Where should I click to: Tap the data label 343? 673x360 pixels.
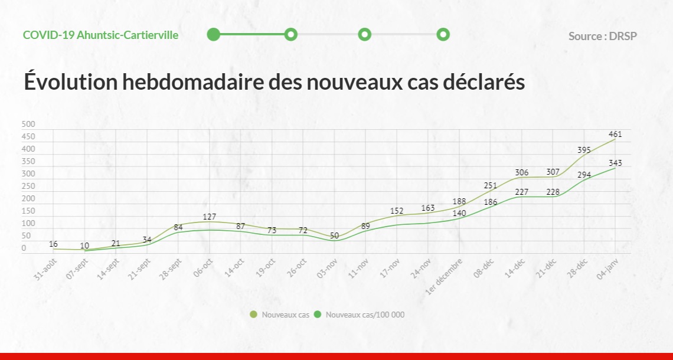coord(615,163)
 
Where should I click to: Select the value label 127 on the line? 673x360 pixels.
coord(209,217)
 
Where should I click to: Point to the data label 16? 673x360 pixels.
coord(53,244)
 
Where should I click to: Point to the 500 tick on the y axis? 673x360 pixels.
coord(28,125)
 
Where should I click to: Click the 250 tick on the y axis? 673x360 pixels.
coord(28,186)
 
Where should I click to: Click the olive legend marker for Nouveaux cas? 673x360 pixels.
coord(254,315)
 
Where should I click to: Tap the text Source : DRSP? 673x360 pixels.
coord(603,36)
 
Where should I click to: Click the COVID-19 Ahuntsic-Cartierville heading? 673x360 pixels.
coord(100,35)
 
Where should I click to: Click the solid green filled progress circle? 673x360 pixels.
coord(214,35)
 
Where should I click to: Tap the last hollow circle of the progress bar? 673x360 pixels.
coord(443,35)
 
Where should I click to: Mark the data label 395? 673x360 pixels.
coord(583,150)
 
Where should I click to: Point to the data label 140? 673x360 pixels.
coord(459,213)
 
